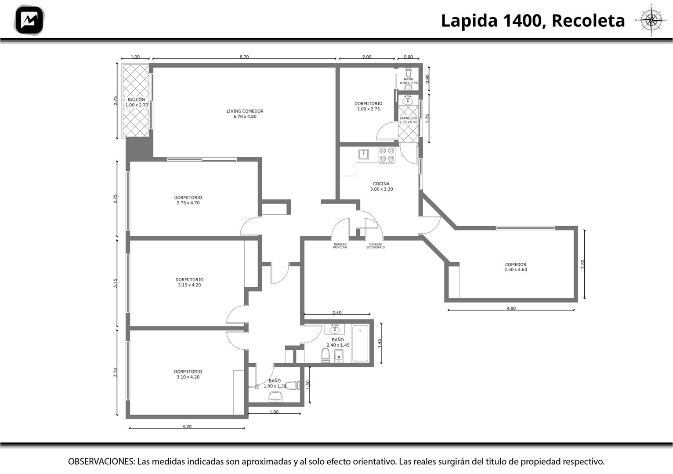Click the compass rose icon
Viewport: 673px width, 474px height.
tap(651, 20)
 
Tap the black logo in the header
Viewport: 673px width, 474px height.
tap(29, 20)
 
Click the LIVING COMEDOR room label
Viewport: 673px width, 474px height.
tap(245, 114)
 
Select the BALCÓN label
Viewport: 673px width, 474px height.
tap(137, 102)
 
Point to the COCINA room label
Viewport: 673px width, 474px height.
tap(381, 186)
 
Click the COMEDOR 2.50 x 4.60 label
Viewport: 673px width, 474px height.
tap(516, 267)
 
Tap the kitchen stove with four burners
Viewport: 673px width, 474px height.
tap(387, 155)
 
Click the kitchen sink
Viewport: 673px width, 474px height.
tap(364, 154)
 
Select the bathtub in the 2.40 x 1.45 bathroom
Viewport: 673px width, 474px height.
tap(360, 343)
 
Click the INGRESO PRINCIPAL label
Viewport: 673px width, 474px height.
tap(340, 246)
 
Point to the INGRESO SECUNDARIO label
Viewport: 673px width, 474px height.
tap(375, 246)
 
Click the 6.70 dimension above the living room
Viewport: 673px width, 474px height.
tap(244, 57)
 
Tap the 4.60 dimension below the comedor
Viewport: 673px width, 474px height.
tap(511, 308)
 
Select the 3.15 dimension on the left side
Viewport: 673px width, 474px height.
tap(115, 283)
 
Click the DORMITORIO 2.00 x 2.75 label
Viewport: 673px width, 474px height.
tap(368, 106)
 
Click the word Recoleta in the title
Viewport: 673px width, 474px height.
tap(588, 21)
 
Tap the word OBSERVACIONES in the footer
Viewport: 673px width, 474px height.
tap(101, 461)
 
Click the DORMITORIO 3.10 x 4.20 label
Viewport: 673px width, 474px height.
tap(188, 374)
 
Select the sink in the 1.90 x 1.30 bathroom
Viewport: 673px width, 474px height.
tap(275, 397)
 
